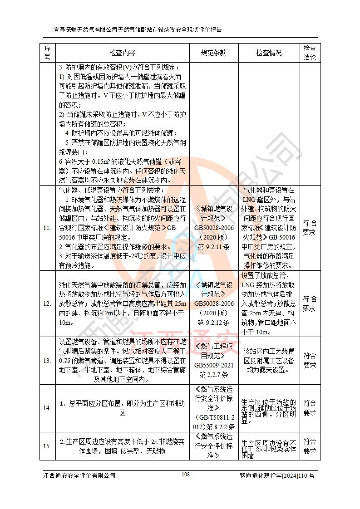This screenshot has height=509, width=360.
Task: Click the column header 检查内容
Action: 122,53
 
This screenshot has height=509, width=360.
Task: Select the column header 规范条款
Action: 214,53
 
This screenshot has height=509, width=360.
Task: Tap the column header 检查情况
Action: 269,53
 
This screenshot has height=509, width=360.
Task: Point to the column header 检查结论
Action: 310,53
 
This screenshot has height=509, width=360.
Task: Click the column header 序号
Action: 47,53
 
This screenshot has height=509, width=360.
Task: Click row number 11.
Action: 47,228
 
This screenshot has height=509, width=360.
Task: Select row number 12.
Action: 47,303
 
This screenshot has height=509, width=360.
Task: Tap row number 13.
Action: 47,361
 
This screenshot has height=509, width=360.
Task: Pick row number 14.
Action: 47,408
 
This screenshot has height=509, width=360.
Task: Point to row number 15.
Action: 47,446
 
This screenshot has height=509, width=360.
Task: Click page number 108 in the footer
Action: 185,474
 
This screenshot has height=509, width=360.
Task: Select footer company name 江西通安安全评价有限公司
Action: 79,475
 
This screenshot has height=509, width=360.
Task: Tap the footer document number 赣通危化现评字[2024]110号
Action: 277,475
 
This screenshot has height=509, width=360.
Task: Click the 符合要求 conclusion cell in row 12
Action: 310,303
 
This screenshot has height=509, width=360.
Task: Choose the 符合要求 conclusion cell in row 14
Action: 310,408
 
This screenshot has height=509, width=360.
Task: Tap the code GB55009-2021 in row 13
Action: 214,365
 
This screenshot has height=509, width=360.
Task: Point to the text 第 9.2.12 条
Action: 214,323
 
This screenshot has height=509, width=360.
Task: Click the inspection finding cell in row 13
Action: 269,361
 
